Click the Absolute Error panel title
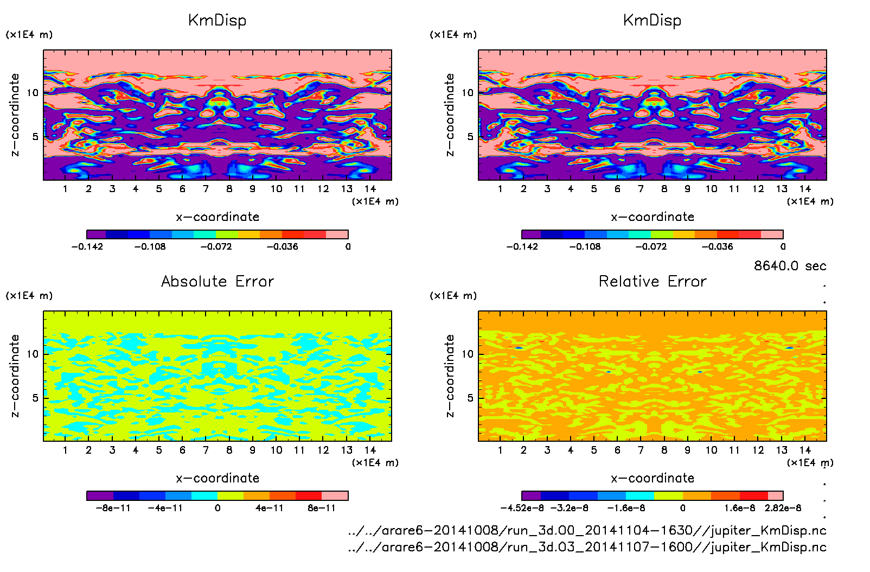click(217, 281)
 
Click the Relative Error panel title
click(652, 281)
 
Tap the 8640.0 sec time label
click(790, 266)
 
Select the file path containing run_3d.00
click(587, 530)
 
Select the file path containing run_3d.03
click(587, 547)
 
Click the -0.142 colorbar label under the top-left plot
click(87, 246)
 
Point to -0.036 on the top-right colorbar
click(717, 246)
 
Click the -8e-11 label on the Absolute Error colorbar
click(113, 508)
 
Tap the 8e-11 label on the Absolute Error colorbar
click(322, 508)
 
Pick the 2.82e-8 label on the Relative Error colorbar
click(783, 508)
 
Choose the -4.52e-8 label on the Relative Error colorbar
click(522, 508)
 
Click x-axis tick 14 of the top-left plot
click(370, 189)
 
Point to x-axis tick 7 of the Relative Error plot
click(641, 450)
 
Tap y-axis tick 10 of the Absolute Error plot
click(33, 354)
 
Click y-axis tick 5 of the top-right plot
click(470, 137)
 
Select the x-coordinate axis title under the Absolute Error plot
click(217, 478)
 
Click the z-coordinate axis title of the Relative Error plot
click(450, 376)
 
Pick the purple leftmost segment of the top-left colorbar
click(96, 234)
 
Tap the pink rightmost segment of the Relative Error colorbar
click(776, 495)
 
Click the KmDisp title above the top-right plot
click(652, 21)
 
